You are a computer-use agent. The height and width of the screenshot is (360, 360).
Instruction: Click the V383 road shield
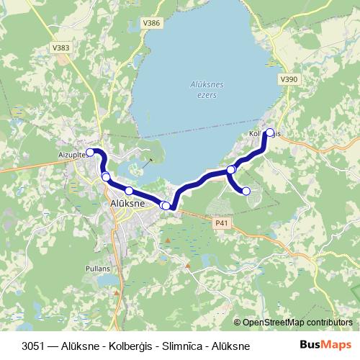tap(63, 48)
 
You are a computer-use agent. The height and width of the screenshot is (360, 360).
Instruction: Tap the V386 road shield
tap(152, 23)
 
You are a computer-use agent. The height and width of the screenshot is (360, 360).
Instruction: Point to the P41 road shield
tap(222, 224)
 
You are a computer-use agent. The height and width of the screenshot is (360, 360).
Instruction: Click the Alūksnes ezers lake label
tap(207, 89)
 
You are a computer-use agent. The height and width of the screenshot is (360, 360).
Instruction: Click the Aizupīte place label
tap(71, 155)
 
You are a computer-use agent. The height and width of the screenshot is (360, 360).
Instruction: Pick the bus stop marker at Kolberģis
tap(271, 132)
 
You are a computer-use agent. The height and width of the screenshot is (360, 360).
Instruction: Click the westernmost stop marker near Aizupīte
tap(90, 152)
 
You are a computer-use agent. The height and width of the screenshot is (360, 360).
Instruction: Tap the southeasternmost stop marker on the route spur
tap(246, 191)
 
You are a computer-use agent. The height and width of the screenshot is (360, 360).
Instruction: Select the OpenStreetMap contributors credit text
tap(298, 323)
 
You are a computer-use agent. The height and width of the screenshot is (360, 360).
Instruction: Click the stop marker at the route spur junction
tap(231, 170)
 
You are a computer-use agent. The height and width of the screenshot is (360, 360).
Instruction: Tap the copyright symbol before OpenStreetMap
tap(238, 323)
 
